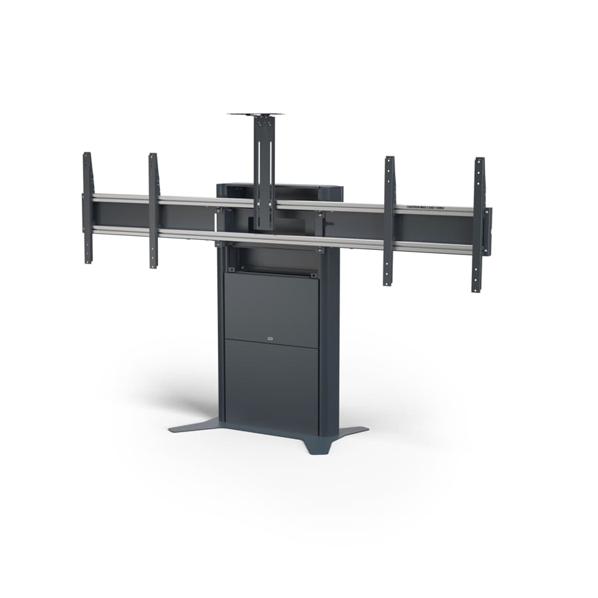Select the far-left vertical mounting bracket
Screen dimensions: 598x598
(x=87, y=207)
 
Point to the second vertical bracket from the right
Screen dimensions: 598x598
(x=389, y=221)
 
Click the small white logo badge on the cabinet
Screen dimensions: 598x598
(x=270, y=338)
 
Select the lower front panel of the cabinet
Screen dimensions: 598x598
(x=271, y=382)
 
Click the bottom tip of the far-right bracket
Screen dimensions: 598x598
(x=476, y=287)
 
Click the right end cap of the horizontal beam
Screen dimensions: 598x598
(x=488, y=231)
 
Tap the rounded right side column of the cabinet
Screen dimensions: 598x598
(x=329, y=346)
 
